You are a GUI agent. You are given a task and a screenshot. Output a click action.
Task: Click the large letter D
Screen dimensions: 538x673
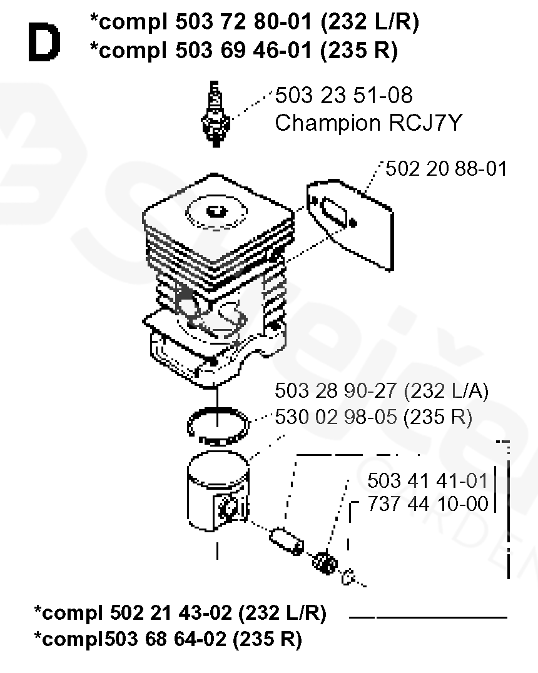click(44, 42)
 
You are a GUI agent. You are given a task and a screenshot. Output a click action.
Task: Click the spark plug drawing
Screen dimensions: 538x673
click(215, 114)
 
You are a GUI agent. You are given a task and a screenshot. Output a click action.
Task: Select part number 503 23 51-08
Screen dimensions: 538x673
click(343, 95)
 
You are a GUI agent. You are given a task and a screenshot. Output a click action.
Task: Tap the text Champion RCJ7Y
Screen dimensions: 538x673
click(368, 123)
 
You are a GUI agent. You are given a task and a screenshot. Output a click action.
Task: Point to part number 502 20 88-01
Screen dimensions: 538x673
click(446, 169)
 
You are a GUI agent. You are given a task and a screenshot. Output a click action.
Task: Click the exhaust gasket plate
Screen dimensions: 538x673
click(350, 225)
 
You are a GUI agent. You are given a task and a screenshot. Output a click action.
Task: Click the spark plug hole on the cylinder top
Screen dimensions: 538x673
click(216, 211)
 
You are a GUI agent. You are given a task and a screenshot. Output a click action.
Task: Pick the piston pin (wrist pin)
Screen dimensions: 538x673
click(287, 541)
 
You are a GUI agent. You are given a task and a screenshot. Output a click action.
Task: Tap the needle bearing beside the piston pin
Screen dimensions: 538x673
click(325, 563)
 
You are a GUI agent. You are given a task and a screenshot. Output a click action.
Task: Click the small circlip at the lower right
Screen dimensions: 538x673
click(348, 577)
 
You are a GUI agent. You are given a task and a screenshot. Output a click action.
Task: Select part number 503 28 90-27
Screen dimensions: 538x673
click(335, 391)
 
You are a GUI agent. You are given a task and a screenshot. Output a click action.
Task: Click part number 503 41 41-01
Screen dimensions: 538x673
click(428, 481)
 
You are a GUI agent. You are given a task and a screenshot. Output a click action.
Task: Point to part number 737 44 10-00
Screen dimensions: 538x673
click(428, 504)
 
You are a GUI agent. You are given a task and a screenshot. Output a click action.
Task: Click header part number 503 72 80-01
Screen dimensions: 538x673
click(243, 22)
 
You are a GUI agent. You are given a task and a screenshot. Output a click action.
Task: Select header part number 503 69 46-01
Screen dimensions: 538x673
click(243, 50)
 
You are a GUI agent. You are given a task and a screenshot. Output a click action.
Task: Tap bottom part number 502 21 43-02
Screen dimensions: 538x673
click(171, 612)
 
